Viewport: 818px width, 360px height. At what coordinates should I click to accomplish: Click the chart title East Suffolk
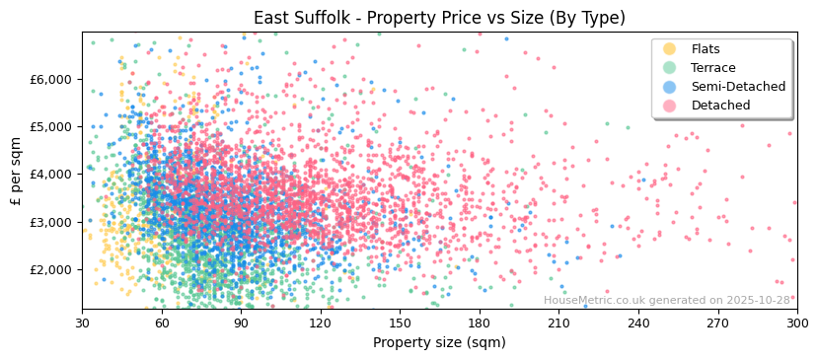[x=439, y=18]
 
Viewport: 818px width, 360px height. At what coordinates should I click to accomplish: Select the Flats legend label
[x=706, y=49]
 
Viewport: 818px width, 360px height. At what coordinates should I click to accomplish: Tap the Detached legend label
[x=720, y=106]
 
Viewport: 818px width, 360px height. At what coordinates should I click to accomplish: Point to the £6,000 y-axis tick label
[x=53, y=79]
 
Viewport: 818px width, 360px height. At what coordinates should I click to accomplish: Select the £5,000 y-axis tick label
[x=53, y=126]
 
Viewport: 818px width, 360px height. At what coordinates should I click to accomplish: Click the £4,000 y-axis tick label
[x=53, y=175]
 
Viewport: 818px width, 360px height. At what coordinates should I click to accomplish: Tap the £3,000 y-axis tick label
[x=53, y=222]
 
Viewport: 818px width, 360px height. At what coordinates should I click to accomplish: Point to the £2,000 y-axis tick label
[x=53, y=269]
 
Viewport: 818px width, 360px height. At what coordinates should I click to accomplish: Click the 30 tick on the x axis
[x=82, y=323]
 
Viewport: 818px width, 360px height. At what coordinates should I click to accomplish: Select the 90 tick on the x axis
[x=241, y=323]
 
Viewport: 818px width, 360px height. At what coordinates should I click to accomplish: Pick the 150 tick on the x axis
[x=400, y=323]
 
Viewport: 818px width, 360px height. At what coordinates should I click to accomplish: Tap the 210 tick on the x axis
[x=558, y=323]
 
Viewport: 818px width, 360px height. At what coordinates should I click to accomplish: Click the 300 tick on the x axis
[x=796, y=323]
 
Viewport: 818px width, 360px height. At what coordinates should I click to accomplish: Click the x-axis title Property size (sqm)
[x=439, y=342]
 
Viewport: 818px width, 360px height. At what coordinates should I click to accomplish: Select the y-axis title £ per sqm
[x=17, y=170]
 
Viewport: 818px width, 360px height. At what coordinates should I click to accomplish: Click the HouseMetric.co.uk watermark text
[x=667, y=301]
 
